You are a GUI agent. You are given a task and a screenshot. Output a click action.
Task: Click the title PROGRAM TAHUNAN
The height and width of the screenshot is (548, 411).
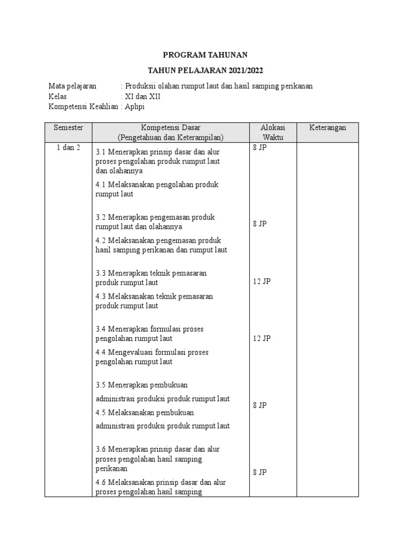(x=205, y=55)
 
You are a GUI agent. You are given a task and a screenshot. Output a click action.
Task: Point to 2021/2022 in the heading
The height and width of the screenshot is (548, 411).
(x=244, y=71)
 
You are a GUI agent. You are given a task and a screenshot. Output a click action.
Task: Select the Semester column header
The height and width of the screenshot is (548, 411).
(x=68, y=127)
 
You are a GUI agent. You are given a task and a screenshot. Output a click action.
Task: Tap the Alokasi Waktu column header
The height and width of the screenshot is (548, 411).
(x=272, y=132)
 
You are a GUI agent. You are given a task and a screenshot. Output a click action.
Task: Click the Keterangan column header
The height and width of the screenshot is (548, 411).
(x=328, y=127)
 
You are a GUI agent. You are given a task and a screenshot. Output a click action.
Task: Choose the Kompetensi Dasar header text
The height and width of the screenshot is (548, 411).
(x=170, y=127)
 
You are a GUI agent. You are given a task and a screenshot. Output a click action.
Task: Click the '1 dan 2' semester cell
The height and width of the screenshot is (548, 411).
(x=68, y=148)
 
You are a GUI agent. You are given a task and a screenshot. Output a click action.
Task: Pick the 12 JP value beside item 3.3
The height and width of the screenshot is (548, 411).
(x=262, y=281)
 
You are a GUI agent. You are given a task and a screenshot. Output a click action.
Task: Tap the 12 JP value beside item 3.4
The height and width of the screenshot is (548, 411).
(x=262, y=338)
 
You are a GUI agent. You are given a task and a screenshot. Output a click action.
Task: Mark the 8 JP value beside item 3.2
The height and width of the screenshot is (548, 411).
(x=260, y=224)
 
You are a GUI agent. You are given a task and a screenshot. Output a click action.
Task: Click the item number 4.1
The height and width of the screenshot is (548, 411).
(x=101, y=185)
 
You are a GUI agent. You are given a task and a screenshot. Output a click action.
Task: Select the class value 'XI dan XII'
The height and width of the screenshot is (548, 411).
(x=142, y=96)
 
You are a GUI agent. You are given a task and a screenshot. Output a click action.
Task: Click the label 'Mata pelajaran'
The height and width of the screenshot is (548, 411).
(x=72, y=86)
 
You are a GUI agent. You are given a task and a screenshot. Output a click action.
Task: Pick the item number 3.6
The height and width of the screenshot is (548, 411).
(x=101, y=449)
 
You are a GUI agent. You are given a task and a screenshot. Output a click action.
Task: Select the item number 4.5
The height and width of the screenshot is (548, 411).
(x=101, y=413)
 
